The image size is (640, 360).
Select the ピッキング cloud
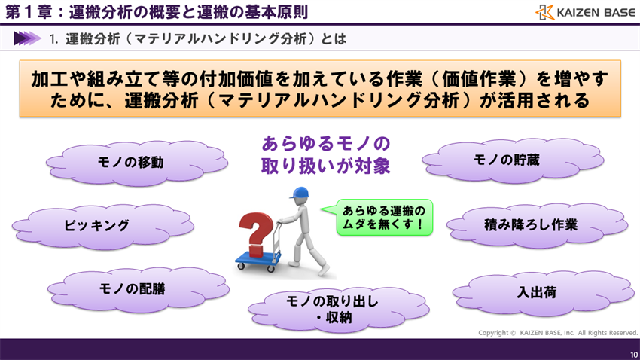tap(96, 225)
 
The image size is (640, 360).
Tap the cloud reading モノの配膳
tap(136, 288)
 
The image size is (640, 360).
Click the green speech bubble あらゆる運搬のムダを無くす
tap(377, 218)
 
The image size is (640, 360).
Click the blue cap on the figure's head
tap(299, 194)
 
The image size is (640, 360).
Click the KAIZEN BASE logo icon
tap(545, 12)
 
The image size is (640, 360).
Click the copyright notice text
tap(558, 333)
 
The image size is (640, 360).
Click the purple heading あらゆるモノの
tap(325, 143)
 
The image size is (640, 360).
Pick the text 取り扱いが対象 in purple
tap(325, 166)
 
